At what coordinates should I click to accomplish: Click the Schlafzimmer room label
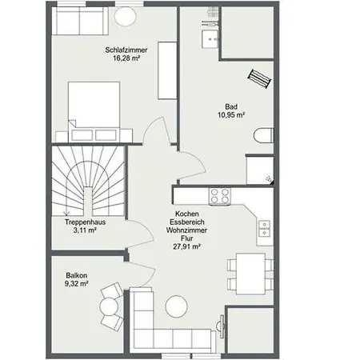[126, 50]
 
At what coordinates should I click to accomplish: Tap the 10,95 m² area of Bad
[231, 115]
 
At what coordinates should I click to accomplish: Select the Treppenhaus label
[85, 222]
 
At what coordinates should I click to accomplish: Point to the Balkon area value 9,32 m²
[77, 283]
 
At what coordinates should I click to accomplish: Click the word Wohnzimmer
[186, 230]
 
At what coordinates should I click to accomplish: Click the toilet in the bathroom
[263, 135]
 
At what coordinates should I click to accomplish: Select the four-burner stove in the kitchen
[220, 196]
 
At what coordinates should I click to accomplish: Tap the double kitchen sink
[265, 229]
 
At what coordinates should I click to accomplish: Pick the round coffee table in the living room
[176, 306]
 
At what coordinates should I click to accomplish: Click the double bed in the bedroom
[94, 111]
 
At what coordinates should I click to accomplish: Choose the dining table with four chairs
[250, 274]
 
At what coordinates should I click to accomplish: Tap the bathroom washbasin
[210, 39]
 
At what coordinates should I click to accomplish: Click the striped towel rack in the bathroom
[259, 78]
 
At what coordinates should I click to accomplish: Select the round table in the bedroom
[126, 16]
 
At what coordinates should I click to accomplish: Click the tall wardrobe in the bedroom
[167, 70]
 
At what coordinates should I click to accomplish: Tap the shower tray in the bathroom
[260, 170]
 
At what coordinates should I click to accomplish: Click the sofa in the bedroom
[80, 21]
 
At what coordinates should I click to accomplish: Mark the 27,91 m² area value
[186, 246]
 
